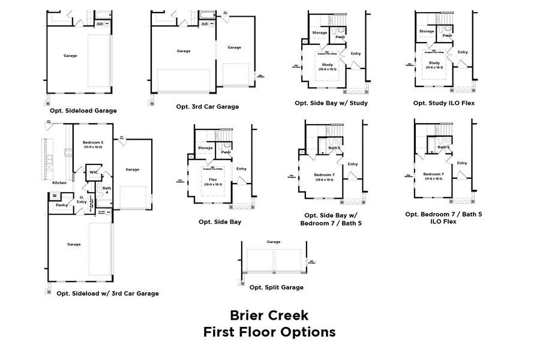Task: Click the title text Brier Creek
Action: pos(269,315)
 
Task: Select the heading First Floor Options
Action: pos(269,332)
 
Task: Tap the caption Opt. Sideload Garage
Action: pos(83,110)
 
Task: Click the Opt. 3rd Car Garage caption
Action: pos(207,106)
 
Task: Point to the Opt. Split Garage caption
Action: pos(276,287)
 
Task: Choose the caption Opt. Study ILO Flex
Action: pos(443,103)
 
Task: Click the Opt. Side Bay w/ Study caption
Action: pos(331,103)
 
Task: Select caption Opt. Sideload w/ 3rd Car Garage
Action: pos(107,293)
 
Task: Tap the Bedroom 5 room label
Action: pos(93,143)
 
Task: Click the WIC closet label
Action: pos(94,173)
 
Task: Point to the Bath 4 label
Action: pos(107,190)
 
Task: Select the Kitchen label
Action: pos(59,182)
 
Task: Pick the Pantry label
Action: pos(61,205)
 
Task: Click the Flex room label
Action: pos(212,179)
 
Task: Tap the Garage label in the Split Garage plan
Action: pos(274,241)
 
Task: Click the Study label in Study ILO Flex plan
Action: pos(434,62)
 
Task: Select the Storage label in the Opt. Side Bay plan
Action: pos(205,147)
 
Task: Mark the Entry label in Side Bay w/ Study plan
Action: pos(355,53)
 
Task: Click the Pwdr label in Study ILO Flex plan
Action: pos(448,35)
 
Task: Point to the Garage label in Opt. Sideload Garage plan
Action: pos(70,56)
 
